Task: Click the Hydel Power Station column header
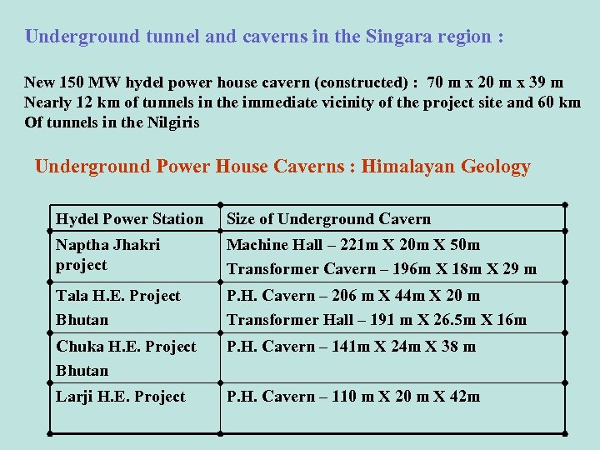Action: pyautogui.click(x=129, y=219)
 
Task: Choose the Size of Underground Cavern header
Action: pyautogui.click(x=328, y=219)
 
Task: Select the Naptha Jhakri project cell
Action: pyautogui.click(x=107, y=254)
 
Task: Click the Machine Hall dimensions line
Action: pyautogui.click(x=353, y=245)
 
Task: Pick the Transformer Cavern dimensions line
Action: pyautogui.click(x=382, y=269)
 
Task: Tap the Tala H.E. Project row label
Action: pyautogui.click(x=117, y=296)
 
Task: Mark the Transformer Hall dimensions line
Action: pyautogui.click(x=377, y=320)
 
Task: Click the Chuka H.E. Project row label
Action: pyautogui.click(x=126, y=347)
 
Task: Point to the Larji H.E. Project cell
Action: pyautogui.click(x=120, y=397)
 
